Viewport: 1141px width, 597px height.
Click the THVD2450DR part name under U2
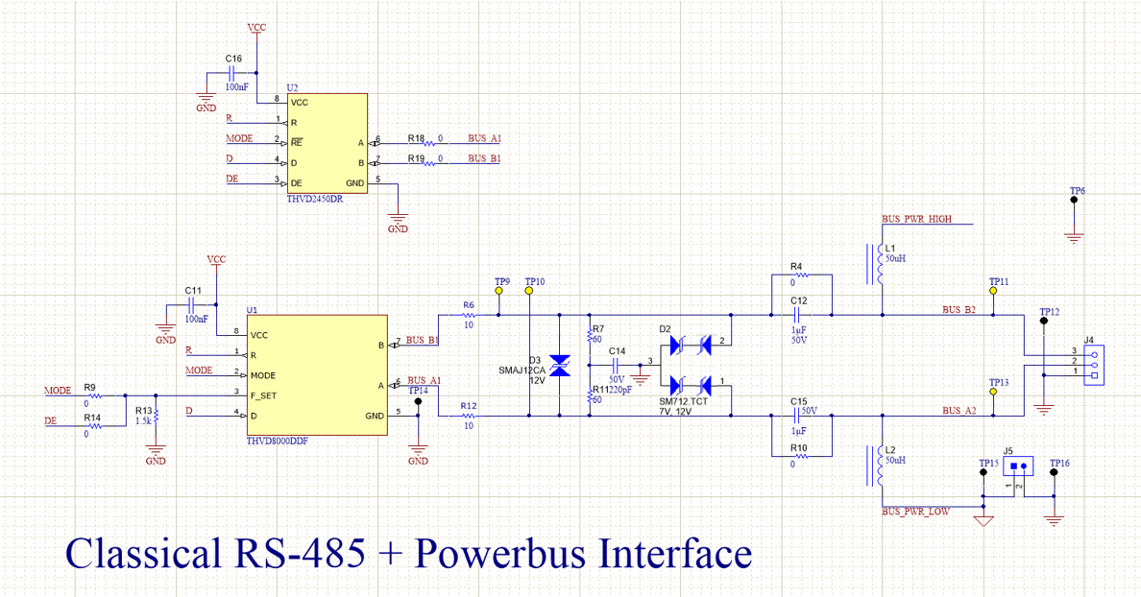tap(315, 199)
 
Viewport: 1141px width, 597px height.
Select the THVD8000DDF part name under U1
tap(279, 441)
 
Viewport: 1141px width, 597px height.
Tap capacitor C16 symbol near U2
tap(232, 73)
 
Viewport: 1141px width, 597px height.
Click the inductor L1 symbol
tap(879, 265)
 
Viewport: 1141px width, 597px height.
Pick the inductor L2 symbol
tap(879, 466)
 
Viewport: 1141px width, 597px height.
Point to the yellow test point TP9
tap(499, 290)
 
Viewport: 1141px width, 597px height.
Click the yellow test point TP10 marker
tap(529, 290)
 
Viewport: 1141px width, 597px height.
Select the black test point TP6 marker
tap(1074, 201)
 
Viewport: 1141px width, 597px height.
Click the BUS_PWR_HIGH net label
tap(916, 219)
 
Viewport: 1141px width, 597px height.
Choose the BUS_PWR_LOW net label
tap(915, 512)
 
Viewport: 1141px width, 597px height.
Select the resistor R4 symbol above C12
tap(800, 275)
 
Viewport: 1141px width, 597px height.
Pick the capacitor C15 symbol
tap(796, 416)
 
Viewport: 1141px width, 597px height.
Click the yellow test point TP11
tap(993, 290)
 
